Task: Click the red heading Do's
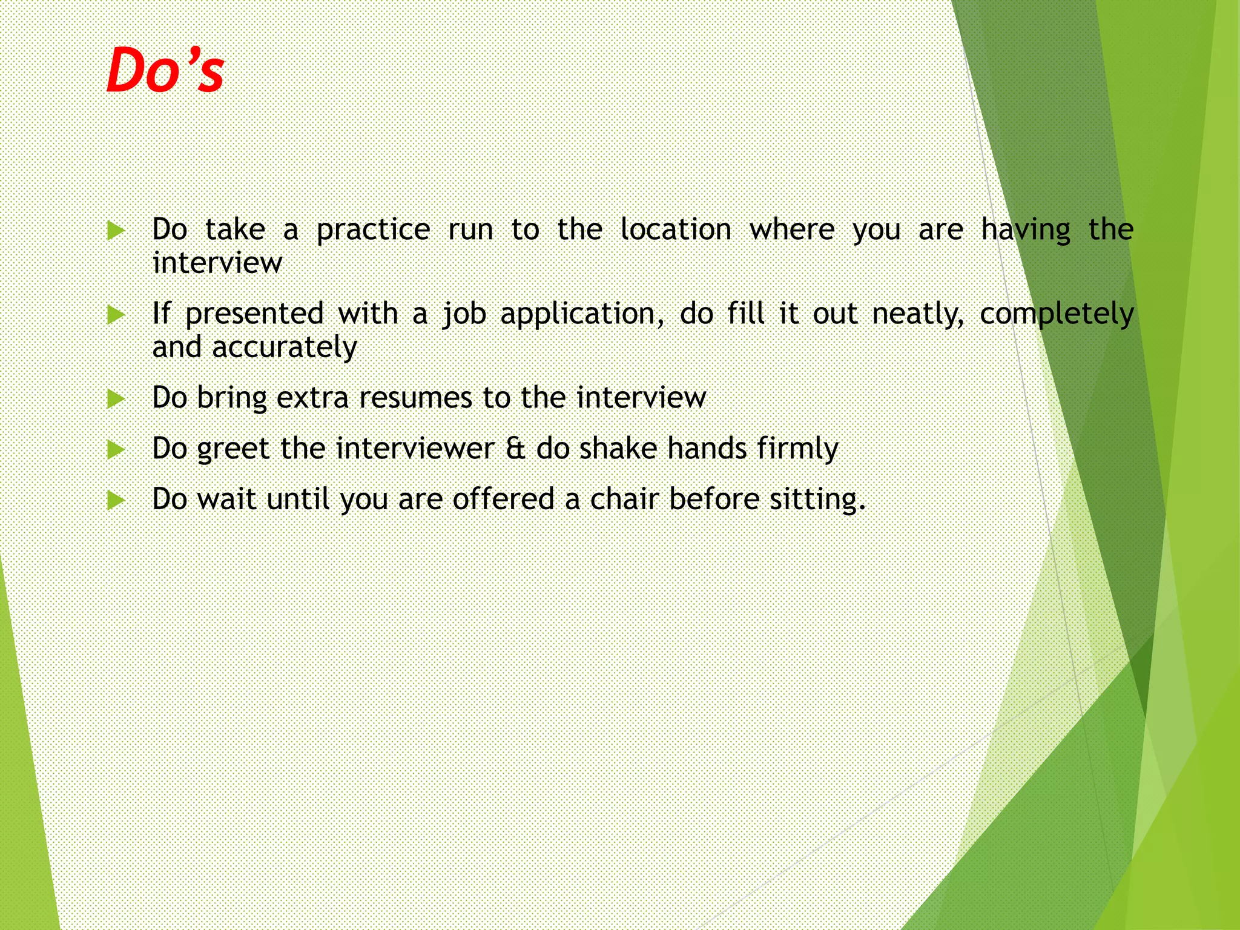pyautogui.click(x=165, y=71)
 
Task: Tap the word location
pyautogui.click(x=676, y=229)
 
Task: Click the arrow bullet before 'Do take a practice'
pyautogui.click(x=115, y=231)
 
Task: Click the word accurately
pyautogui.click(x=285, y=348)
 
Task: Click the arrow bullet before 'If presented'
pyautogui.click(x=115, y=315)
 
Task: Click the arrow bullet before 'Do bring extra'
pyautogui.click(x=115, y=399)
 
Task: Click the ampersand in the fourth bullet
pyautogui.click(x=515, y=449)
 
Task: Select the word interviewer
pyautogui.click(x=415, y=449)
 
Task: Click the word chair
pyautogui.click(x=624, y=500)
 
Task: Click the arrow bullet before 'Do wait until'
pyautogui.click(x=115, y=501)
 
